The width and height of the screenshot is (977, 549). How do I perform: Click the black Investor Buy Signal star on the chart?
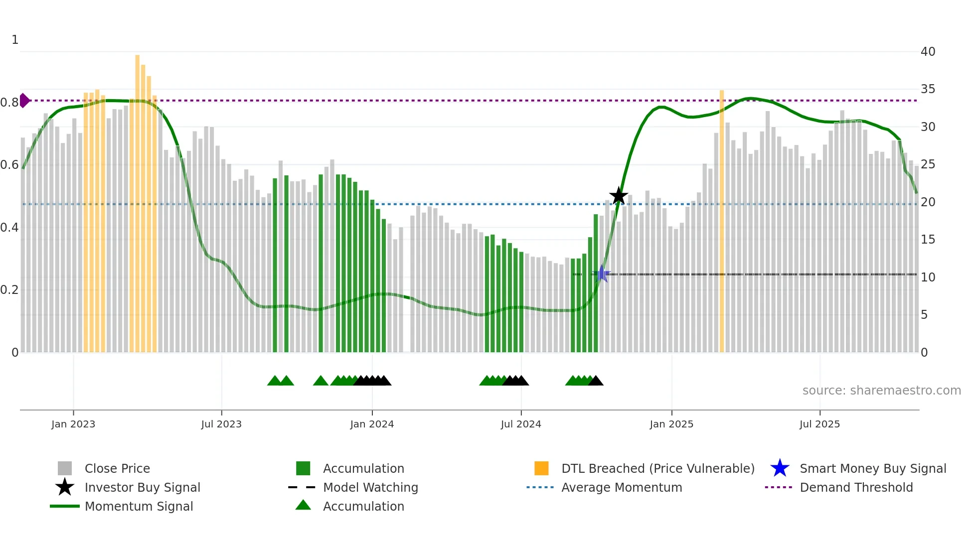pyautogui.click(x=619, y=196)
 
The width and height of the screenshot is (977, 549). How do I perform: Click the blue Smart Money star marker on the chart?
pyautogui.click(x=602, y=274)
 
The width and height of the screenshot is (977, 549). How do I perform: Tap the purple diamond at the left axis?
pyautogui.click(x=24, y=100)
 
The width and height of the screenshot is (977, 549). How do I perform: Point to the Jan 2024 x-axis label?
pyautogui.click(x=372, y=424)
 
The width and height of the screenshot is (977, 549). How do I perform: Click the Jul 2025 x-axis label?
pyautogui.click(x=819, y=424)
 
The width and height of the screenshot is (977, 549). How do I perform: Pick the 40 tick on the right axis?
pyautogui.click(x=928, y=51)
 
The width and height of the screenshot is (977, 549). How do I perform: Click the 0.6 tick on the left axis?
pyautogui.click(x=9, y=164)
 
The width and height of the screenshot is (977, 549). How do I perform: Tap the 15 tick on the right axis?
pyautogui.click(x=928, y=240)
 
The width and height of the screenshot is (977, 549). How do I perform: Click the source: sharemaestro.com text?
pyautogui.click(x=881, y=390)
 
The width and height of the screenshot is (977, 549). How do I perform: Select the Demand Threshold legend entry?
pyautogui.click(x=856, y=487)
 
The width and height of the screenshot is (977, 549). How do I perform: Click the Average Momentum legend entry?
pyautogui.click(x=621, y=487)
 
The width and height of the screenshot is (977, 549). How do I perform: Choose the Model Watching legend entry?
pyautogui.click(x=370, y=487)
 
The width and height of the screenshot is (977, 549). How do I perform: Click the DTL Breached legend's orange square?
pyautogui.click(x=541, y=468)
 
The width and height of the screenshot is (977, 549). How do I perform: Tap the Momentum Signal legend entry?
pyautogui.click(x=139, y=506)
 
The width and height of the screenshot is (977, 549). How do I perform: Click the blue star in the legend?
pyautogui.click(x=780, y=468)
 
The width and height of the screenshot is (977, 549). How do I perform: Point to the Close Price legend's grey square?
pyautogui.click(x=65, y=468)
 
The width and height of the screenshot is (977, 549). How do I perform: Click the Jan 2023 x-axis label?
pyautogui.click(x=73, y=424)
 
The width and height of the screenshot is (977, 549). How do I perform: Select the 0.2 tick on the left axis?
pyautogui.click(x=9, y=289)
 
